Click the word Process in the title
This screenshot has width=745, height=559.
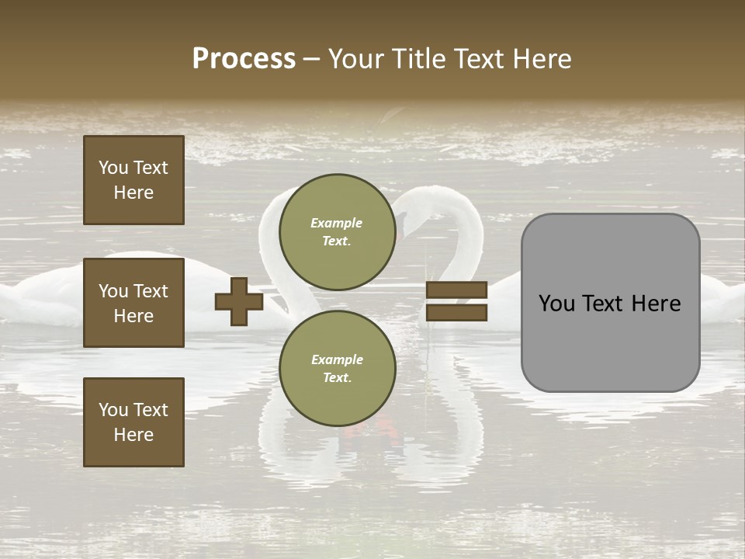coord(244,59)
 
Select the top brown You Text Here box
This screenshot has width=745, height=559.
coord(133,180)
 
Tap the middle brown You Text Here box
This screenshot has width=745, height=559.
coord(133,303)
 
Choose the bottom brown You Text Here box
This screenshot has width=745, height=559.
coord(133,422)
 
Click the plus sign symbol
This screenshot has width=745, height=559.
coord(239,302)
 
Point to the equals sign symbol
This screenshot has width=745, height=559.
coord(456,301)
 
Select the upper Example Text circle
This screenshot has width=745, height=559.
coord(337,231)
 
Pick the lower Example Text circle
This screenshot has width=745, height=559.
coord(337,368)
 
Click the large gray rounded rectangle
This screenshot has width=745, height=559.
coord(610,303)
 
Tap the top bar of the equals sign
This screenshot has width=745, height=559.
coord(456,290)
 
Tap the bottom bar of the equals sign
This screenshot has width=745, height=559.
coord(456,312)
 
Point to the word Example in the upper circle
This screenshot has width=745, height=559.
coord(337,223)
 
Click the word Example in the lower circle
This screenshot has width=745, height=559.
coord(337,359)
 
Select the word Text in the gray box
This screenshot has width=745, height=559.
coord(605,304)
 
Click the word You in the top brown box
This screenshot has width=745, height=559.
coord(113,168)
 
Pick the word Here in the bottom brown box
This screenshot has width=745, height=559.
coord(133,435)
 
